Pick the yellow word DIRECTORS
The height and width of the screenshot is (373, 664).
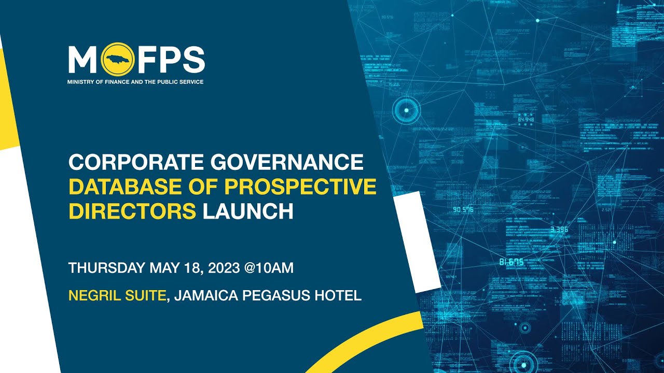point(132,212)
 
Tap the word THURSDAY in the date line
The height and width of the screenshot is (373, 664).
point(107,268)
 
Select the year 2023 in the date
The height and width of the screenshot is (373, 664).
point(220,268)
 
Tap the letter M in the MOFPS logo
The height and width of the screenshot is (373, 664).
point(82,60)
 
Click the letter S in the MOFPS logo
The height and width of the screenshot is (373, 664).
point(193,60)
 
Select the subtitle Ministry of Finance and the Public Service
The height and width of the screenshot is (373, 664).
point(135,82)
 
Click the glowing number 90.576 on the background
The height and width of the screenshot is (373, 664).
point(463,210)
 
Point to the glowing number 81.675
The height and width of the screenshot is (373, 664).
point(511,262)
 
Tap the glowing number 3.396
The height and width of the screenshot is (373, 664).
point(560,229)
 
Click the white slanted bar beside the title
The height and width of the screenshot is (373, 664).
point(417,241)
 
